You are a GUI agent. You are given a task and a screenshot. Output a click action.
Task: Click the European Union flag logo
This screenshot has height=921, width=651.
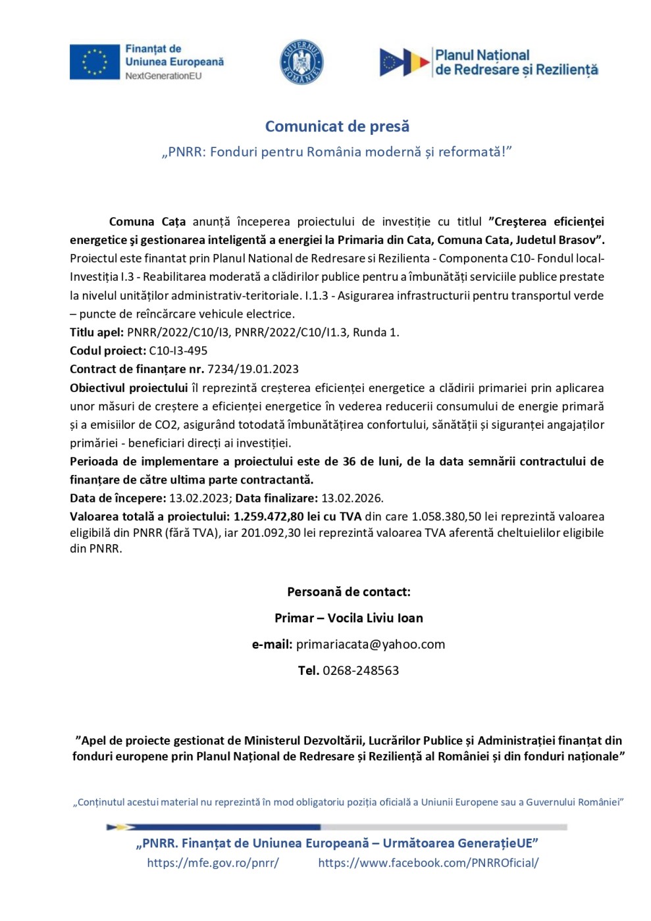click(x=95, y=62)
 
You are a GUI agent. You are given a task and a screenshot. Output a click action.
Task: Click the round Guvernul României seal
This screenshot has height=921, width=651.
click(x=301, y=62)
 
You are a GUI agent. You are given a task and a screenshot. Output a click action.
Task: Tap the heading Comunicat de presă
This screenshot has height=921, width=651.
click(x=337, y=126)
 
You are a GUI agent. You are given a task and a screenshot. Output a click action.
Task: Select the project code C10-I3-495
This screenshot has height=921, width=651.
click(x=178, y=351)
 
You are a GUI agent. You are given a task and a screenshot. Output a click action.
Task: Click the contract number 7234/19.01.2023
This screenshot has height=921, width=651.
click(x=253, y=369)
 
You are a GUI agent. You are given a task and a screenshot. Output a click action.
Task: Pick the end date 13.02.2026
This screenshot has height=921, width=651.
click(x=352, y=498)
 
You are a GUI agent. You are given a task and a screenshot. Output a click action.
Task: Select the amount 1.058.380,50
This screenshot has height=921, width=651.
click(x=452, y=516)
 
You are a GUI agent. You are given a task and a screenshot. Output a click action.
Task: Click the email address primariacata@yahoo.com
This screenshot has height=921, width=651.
click(x=371, y=644)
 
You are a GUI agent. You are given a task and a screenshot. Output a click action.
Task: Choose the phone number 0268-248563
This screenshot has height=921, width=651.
click(x=361, y=670)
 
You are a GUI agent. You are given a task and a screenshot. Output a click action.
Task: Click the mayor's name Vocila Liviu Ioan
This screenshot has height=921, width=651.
click(x=375, y=618)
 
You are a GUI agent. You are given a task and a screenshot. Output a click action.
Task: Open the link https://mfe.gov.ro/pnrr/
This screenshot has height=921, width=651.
click(x=213, y=862)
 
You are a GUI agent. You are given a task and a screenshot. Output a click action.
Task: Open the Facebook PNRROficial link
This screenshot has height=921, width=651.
click(x=429, y=862)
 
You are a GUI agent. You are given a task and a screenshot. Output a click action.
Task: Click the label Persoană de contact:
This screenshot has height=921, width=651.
click(x=349, y=591)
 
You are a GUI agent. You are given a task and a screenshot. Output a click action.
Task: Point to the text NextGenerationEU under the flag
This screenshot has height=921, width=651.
click(x=163, y=76)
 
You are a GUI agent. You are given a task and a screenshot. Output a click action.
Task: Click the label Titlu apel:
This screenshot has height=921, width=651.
click(x=97, y=332)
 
